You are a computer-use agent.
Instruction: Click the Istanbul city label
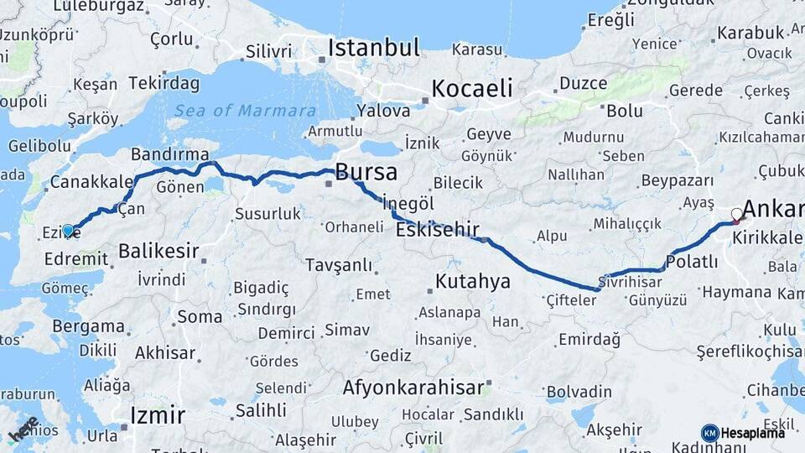tap(373, 48)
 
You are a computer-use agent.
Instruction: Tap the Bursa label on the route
tap(366, 173)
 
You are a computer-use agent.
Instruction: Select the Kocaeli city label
tap(471, 88)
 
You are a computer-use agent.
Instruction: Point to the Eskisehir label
tap(437, 230)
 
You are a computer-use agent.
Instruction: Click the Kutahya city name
tap(472, 281)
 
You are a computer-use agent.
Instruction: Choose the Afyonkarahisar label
tap(413, 388)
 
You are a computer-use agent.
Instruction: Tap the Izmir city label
tap(158, 414)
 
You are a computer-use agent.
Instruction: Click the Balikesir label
tap(158, 250)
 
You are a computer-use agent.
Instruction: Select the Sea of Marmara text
tap(245, 111)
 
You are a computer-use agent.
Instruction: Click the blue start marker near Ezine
tap(68, 230)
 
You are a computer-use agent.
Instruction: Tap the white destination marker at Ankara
tap(737, 215)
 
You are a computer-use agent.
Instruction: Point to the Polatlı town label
tap(693, 262)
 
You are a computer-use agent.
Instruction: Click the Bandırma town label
tap(170, 154)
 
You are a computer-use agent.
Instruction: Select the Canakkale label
tap(91, 181)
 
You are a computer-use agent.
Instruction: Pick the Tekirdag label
tap(163, 83)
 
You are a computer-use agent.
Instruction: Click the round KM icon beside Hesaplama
tap(709, 433)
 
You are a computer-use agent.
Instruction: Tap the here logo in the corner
tap(23, 430)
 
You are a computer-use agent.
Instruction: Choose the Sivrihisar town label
tap(630, 280)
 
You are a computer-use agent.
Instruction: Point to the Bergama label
tap(88, 326)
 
